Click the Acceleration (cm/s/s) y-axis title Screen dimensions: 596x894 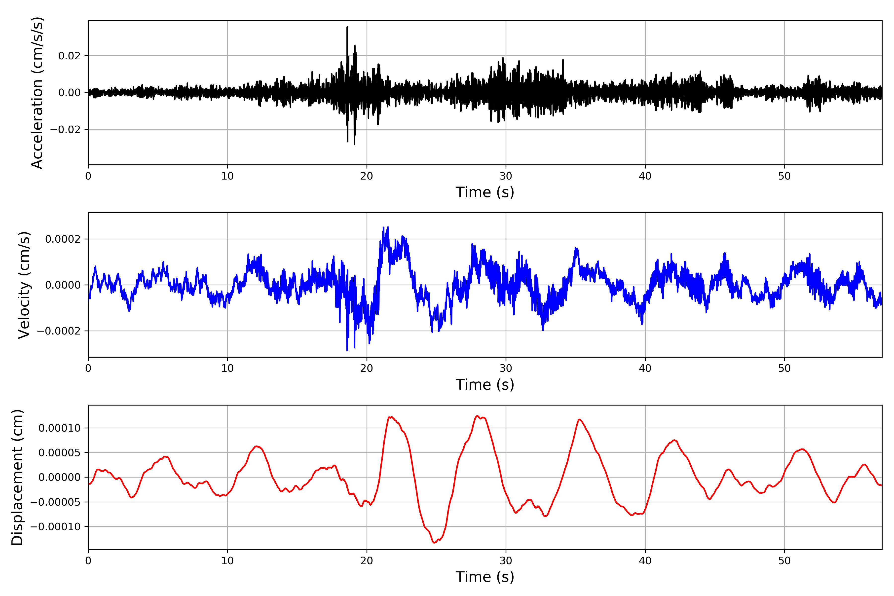coord(37,92)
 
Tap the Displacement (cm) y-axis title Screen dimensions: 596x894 coord(17,477)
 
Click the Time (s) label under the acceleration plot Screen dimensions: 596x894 coord(485,192)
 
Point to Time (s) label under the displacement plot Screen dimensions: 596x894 coord(485,577)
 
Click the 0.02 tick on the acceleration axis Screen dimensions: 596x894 coord(69,56)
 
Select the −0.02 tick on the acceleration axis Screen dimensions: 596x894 coord(65,130)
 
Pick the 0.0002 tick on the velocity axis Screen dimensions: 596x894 coord(63,239)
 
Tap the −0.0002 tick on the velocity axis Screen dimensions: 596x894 coord(59,331)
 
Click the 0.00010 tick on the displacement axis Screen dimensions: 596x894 coord(59,428)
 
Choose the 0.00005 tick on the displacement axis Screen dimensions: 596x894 coord(59,453)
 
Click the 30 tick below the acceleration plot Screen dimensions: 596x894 coord(506,176)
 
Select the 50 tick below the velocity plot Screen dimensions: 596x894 coord(784,368)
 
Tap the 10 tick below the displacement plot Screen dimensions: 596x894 coord(227,561)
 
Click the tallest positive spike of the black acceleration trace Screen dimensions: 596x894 coord(347,27)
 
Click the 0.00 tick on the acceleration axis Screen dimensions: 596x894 coord(69,93)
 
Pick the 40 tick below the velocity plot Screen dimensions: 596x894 coord(645,368)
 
